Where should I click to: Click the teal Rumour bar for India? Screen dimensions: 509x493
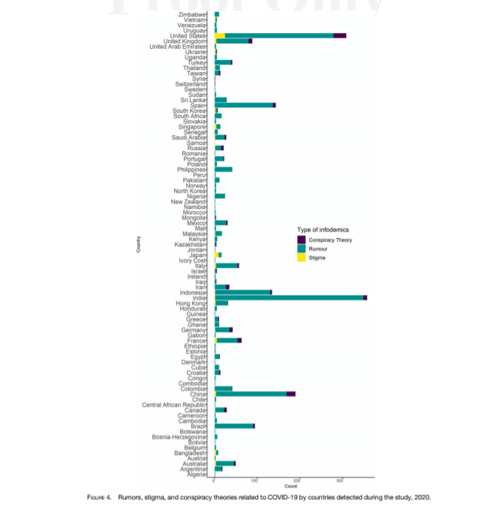pyautogui.click(x=289, y=297)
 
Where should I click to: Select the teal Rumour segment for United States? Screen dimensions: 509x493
pyautogui.click(x=278, y=35)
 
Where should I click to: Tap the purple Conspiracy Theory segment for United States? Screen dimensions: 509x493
pyautogui.click(x=339, y=35)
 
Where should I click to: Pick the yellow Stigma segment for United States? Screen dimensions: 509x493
pyautogui.click(x=220, y=35)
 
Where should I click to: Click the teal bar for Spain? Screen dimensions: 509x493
pyautogui.click(x=244, y=105)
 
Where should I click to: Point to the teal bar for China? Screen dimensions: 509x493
pyautogui.click(x=250, y=393)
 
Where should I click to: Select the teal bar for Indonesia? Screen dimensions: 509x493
pyautogui.click(x=242, y=292)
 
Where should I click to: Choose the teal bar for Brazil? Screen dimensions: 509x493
pyautogui.click(x=234, y=426)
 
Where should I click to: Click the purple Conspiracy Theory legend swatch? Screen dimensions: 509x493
pyautogui.click(x=301, y=239)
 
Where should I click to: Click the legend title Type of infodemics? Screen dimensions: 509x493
pyautogui.click(x=323, y=229)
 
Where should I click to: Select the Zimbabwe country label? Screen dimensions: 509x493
pyautogui.click(x=195, y=14)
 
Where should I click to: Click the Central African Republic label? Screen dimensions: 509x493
pyautogui.click(x=173, y=405)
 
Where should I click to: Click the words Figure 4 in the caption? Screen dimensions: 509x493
pyautogui.click(x=98, y=497)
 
